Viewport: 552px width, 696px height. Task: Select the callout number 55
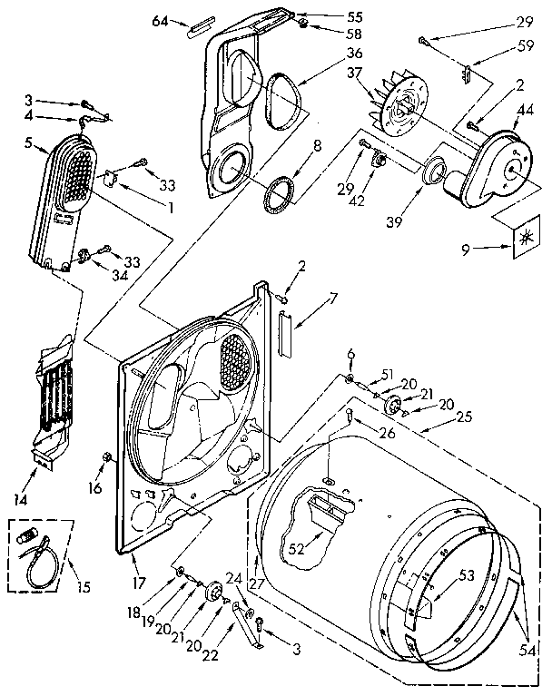[329, 18]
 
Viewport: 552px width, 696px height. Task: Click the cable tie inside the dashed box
[39, 556]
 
